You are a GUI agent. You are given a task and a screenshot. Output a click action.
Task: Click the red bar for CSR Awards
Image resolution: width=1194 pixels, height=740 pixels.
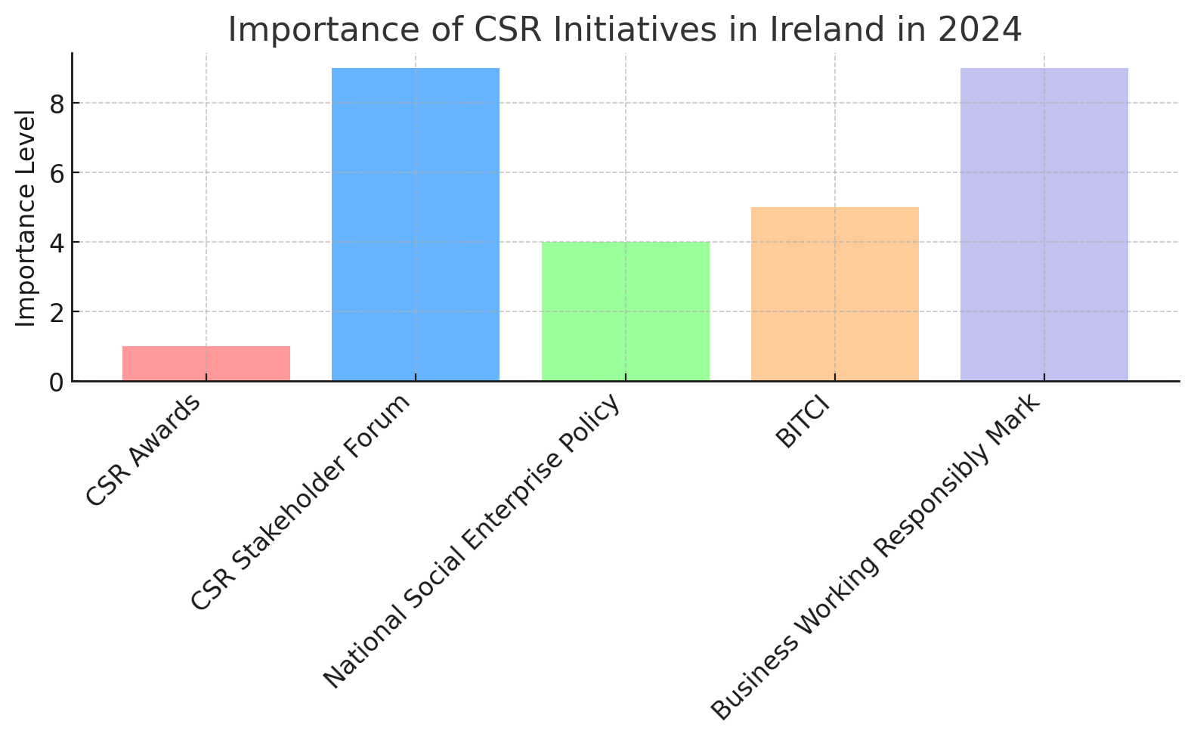coord(206,364)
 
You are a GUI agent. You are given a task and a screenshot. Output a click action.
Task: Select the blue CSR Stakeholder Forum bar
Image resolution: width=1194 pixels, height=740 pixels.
coord(416,224)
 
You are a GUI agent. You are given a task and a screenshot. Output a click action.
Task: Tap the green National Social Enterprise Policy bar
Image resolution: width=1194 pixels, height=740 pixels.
coord(626,311)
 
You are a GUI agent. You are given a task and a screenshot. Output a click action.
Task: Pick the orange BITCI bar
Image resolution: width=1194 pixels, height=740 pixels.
coord(835,294)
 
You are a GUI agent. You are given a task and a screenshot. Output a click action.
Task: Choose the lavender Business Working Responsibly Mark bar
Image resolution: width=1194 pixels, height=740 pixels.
coord(1044,224)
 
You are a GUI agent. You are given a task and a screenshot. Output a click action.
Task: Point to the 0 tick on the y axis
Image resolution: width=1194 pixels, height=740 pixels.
coord(57,382)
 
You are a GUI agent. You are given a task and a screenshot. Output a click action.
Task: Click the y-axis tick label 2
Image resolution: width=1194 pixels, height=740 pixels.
coord(57,312)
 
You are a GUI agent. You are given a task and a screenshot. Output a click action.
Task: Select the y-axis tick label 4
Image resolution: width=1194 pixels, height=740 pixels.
coord(57,243)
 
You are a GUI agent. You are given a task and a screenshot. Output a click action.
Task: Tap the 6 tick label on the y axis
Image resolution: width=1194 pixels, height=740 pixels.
coord(57,173)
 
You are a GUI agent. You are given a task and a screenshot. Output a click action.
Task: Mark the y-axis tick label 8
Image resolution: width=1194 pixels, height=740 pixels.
coord(57,104)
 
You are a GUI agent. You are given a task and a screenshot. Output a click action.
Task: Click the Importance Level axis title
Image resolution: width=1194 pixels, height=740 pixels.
coord(26,218)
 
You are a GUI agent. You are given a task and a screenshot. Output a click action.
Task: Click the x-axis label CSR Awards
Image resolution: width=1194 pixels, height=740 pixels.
coord(144,451)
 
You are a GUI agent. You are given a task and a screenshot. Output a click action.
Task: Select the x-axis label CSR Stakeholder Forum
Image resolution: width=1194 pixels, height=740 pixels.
coord(301,502)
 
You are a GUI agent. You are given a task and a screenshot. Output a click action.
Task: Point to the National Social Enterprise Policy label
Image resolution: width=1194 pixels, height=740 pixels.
coord(472,542)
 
